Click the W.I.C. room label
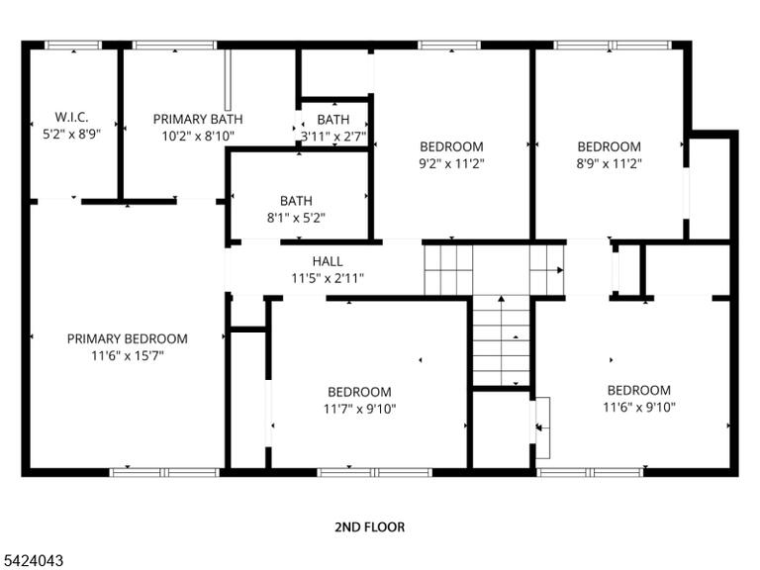71,117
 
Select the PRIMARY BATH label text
198,119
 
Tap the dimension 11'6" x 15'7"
128,356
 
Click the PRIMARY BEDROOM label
128,338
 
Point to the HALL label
328,261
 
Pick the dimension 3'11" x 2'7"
333,137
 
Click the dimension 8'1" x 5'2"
296,218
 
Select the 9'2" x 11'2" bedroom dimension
451,164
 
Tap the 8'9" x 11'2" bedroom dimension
610,164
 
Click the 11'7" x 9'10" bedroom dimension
359,410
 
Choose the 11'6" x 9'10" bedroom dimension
639,408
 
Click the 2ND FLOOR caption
370,527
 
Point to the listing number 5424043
32,561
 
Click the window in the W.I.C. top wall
73,46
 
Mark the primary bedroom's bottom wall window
165,472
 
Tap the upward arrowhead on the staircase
501,299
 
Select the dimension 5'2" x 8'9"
71,135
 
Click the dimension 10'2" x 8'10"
198,137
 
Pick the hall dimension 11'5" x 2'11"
328,279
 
